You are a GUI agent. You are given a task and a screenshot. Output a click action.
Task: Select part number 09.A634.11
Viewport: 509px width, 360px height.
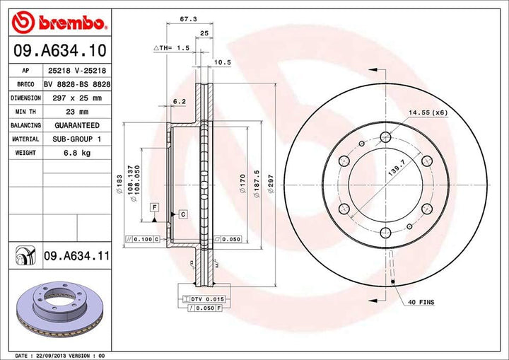click(75, 255)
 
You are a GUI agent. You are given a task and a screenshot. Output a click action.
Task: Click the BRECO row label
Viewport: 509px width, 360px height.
click(25, 85)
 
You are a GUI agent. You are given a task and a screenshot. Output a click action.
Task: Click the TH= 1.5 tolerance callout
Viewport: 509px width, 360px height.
click(172, 47)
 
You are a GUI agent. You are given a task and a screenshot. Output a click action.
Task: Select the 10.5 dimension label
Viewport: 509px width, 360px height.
click(223, 62)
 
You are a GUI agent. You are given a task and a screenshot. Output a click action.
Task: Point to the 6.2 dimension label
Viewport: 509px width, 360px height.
click(179, 101)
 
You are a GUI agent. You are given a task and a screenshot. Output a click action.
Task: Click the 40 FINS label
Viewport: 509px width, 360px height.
click(421, 302)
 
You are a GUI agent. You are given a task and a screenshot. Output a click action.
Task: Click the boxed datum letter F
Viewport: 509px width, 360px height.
click(154, 206)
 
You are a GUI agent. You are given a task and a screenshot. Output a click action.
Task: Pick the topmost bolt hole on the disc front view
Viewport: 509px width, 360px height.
click(385, 137)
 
